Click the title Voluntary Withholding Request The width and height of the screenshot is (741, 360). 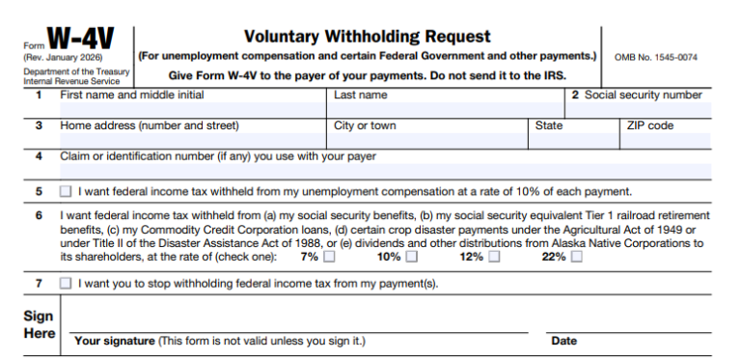(x=367, y=37)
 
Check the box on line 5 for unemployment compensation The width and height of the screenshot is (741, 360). (x=66, y=191)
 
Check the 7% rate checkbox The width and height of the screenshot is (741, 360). (x=330, y=257)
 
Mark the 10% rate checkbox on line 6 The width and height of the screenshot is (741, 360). (x=412, y=257)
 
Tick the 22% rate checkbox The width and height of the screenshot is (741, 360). (x=576, y=257)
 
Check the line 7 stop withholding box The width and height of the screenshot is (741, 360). (x=66, y=283)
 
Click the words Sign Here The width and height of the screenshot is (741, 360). (x=39, y=324)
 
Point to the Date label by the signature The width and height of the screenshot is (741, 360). (x=564, y=341)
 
